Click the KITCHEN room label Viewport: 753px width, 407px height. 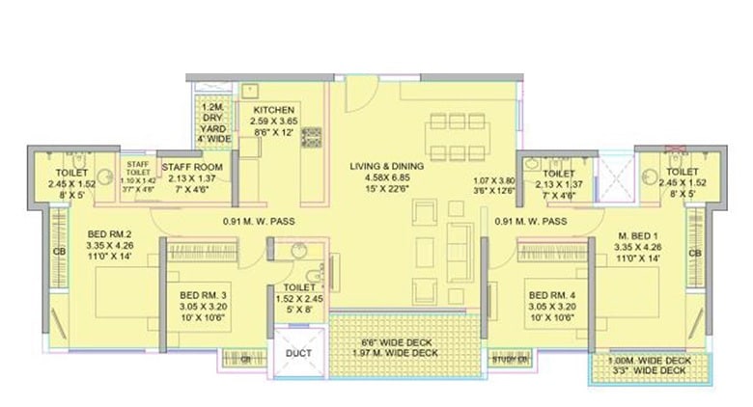click(x=267, y=110)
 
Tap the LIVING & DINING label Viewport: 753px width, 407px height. click(x=387, y=165)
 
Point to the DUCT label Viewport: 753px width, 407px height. click(x=297, y=354)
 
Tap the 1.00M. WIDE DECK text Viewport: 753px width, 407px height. click(x=647, y=362)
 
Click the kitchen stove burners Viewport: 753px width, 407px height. click(x=312, y=137)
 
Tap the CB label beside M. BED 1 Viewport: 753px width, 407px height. click(x=694, y=254)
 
